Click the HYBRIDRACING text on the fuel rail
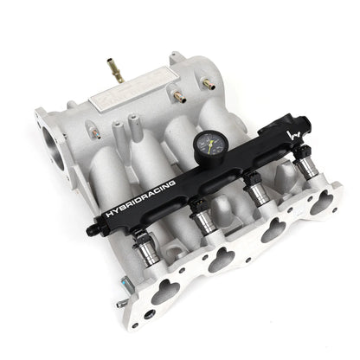[139, 197]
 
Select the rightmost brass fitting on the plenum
[208, 84]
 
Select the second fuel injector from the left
[202, 219]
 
